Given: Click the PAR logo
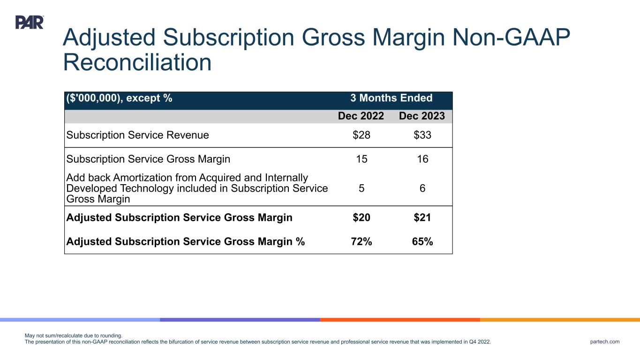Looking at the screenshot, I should pyautogui.click(x=30, y=22).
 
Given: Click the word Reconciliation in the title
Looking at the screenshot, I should pyautogui.click(x=137, y=62).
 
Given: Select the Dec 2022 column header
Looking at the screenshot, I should pyautogui.click(x=361, y=116).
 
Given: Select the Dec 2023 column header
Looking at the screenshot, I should pyautogui.click(x=422, y=116).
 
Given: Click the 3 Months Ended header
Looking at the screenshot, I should pyautogui.click(x=391, y=98).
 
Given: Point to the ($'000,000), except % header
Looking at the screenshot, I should pyautogui.click(x=119, y=98).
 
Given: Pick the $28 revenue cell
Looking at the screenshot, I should pyautogui.click(x=361, y=135).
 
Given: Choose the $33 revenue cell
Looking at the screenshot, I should pyautogui.click(x=422, y=135).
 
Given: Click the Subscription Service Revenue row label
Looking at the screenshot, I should pyautogui.click(x=138, y=135).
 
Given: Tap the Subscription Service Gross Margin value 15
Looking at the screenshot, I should pyautogui.click(x=361, y=159).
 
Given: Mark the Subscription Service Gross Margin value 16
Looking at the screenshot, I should pyautogui.click(x=422, y=159).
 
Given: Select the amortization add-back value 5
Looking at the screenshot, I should pyautogui.click(x=361, y=188).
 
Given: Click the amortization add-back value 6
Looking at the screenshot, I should pyautogui.click(x=422, y=188).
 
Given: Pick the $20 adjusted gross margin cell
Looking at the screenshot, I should pyautogui.click(x=361, y=218).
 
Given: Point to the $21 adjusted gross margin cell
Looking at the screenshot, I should pyautogui.click(x=422, y=218).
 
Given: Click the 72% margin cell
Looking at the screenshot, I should pyautogui.click(x=361, y=242).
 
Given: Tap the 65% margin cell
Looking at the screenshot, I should pyautogui.click(x=422, y=242).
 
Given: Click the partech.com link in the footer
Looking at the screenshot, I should pyautogui.click(x=605, y=342).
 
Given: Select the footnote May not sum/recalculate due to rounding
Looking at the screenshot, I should pyautogui.click(x=73, y=336).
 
